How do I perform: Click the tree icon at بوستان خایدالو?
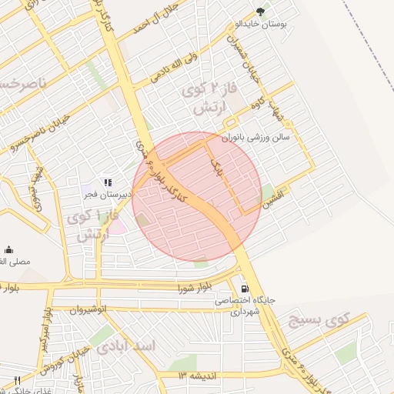(261, 11)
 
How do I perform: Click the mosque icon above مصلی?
(8, 249)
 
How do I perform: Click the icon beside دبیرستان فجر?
(108, 182)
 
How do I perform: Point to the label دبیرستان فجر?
(109, 195)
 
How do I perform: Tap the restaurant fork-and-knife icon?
(17, 380)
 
